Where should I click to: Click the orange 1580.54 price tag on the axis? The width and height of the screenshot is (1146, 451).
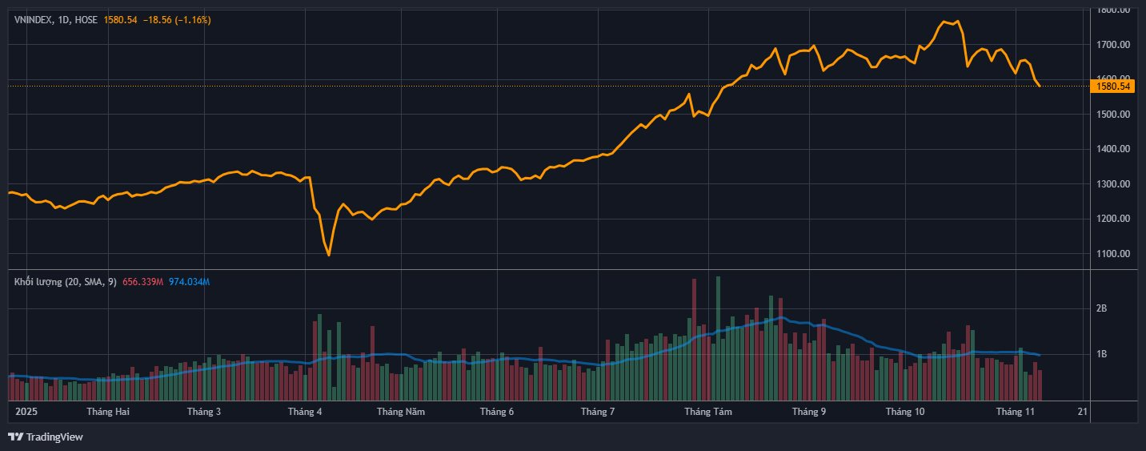point(1113,86)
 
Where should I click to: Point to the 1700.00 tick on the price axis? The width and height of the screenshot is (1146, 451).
point(1113,45)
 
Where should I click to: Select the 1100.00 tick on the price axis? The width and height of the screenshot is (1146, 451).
point(1113,254)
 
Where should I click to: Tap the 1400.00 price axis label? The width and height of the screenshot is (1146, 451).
point(1113,149)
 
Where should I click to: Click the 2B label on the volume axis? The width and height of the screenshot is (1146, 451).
point(1101,308)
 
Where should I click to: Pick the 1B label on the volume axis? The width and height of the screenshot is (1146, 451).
point(1101,354)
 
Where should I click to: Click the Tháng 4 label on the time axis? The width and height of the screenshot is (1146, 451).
point(304,412)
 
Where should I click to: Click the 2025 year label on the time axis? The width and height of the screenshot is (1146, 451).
point(27,412)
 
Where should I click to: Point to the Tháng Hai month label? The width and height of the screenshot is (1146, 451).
point(108,412)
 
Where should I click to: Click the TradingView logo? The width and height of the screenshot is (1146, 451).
point(46,437)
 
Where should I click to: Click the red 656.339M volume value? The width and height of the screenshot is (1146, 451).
point(143,282)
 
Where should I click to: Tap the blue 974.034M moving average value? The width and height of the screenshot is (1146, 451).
point(189,282)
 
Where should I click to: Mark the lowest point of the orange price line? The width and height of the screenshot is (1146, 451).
point(329,256)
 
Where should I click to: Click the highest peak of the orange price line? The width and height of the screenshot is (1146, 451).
point(945,21)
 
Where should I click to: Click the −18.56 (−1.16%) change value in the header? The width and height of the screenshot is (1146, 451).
point(177,19)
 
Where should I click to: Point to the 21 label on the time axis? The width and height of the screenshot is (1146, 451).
point(1083,412)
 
